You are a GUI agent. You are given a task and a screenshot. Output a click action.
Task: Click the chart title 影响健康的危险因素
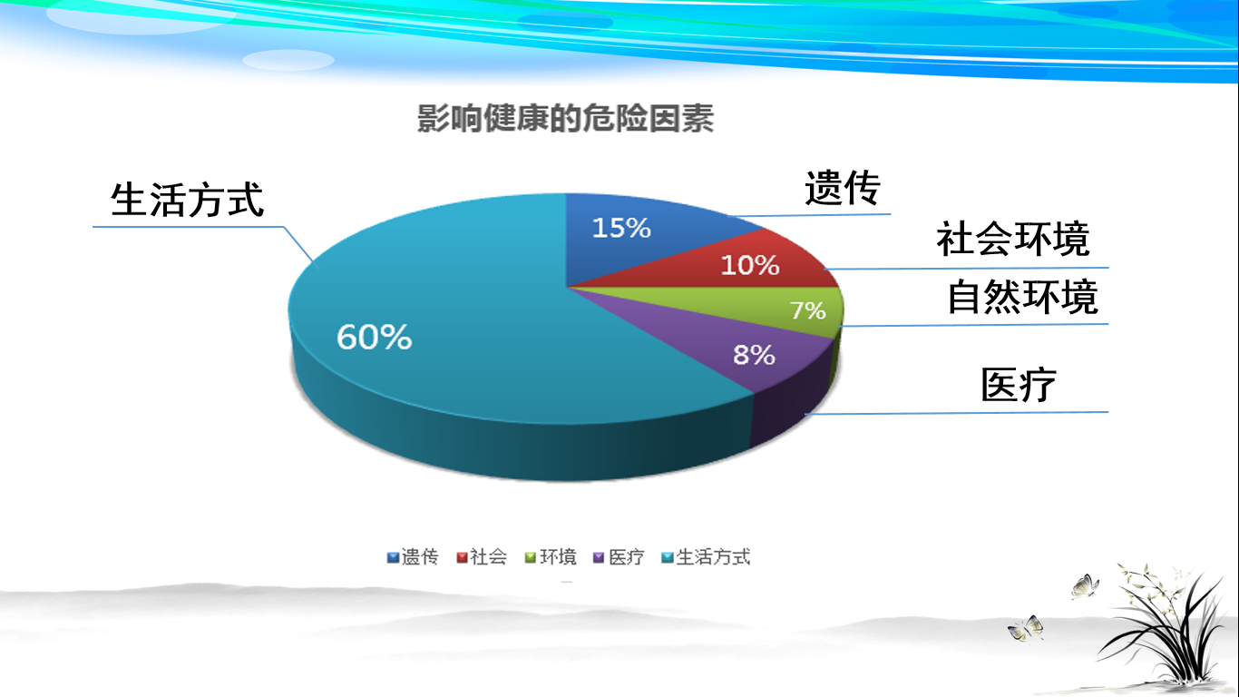pos(565,119)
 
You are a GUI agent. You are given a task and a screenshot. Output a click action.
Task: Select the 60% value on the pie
pos(375,337)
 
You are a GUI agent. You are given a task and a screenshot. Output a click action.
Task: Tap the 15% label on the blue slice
pos(621,228)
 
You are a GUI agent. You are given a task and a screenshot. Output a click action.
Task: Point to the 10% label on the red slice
pos(750,265)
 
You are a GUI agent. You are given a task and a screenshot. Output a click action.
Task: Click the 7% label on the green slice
pos(807,310)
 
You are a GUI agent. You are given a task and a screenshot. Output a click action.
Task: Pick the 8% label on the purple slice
pos(754,355)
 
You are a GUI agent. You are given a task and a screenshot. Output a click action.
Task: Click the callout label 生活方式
pos(187,200)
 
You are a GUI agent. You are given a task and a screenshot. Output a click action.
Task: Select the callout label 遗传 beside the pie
pos(842,188)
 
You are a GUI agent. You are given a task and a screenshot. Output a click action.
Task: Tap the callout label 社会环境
pos(1013,239)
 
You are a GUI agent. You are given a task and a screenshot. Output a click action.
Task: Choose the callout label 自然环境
pos(1023,298)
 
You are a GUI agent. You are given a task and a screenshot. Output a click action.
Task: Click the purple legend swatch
pos(599,557)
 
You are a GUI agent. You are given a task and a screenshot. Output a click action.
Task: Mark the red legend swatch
pos(462,557)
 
